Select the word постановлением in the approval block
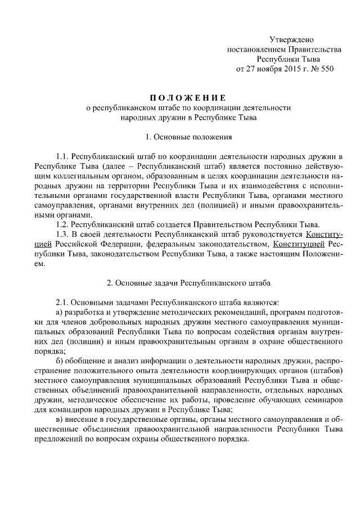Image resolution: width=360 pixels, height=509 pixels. click(x=253, y=49)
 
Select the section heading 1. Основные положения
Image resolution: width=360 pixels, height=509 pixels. click(x=180, y=136)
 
